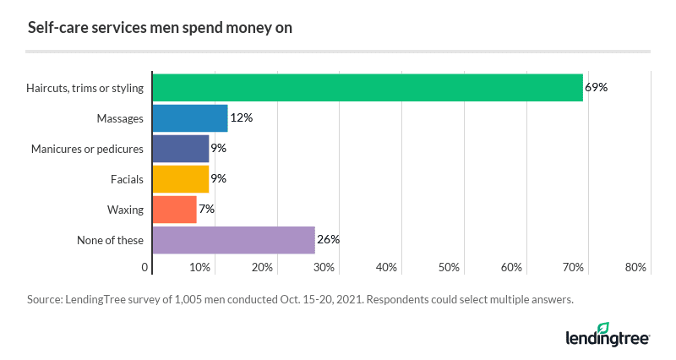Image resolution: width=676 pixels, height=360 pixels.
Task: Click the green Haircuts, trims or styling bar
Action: click(x=368, y=88)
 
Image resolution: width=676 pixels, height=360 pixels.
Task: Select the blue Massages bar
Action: click(x=190, y=118)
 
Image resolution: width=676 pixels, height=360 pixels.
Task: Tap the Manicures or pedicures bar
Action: click(x=181, y=149)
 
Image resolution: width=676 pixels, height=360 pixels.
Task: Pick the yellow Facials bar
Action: click(x=181, y=179)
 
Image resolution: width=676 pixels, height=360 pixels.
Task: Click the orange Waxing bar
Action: click(x=175, y=210)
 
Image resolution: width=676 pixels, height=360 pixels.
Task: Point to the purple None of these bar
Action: click(x=234, y=240)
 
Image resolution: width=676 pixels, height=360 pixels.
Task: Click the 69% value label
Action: click(x=597, y=87)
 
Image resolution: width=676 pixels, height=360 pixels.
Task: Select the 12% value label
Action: click(x=241, y=117)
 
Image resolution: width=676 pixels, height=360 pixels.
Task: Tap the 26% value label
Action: click(x=328, y=239)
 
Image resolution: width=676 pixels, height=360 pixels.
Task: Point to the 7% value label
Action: click(x=206, y=209)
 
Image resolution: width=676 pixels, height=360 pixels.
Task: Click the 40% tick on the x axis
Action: click(x=386, y=268)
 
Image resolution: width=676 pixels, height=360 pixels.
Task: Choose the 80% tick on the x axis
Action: click(x=635, y=268)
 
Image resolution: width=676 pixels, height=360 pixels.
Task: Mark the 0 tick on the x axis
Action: click(x=145, y=268)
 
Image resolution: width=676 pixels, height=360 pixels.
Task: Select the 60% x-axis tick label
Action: click(x=511, y=268)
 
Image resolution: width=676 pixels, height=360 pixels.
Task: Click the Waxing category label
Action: click(x=125, y=210)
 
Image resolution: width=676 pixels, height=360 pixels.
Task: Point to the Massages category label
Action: click(x=119, y=118)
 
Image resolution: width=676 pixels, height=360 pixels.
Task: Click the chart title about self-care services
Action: click(x=160, y=28)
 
